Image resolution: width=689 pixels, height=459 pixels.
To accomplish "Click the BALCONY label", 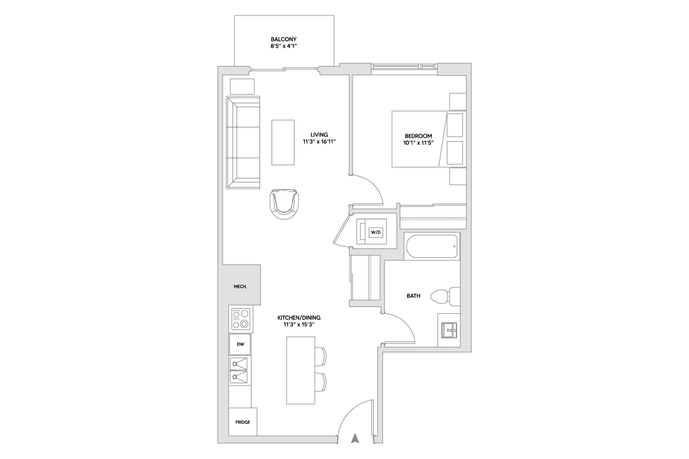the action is coord(284,40).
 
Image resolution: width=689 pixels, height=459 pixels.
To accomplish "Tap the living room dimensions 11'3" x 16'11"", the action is coord(319,142).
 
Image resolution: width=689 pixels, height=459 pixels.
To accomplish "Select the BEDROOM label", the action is coord(419,136).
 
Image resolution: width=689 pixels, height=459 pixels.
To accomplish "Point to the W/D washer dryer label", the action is coord(376,232).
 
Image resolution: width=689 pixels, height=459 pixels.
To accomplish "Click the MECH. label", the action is coord(240,286).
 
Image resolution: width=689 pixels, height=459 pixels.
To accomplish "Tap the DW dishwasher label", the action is coord(240,344).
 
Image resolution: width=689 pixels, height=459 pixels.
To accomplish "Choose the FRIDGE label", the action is coord(243,422).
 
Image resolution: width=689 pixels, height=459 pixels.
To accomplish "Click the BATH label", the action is coord(413,295).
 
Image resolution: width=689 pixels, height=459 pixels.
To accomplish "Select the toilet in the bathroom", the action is coord(445,297).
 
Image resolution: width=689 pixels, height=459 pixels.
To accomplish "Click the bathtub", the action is coord(432,247).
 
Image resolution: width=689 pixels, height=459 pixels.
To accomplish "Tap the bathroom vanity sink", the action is coord(449,330).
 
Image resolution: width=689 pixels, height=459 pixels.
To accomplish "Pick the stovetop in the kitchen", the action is coord(241,320).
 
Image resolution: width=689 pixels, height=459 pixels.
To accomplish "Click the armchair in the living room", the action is coord(284,204).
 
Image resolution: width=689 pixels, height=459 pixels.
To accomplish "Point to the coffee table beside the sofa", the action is coord(283,142).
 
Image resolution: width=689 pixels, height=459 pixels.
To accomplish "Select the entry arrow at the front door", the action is coord(355,438).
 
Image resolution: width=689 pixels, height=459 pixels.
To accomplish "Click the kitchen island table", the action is coord(300,370).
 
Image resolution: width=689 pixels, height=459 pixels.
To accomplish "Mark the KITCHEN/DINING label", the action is coord(299,318).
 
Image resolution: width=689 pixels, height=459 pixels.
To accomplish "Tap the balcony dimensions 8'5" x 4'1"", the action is coord(284,46).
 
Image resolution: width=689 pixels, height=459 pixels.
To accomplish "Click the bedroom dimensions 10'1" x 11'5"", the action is coord(419,143).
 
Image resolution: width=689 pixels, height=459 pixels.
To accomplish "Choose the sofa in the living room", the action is coord(243,142).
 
